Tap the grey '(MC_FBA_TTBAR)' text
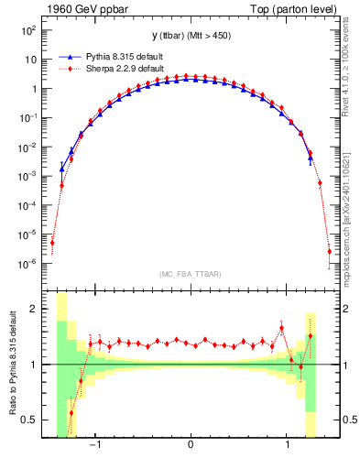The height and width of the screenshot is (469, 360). pos(190,274)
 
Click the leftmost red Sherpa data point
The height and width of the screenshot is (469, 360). pos(52,243)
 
